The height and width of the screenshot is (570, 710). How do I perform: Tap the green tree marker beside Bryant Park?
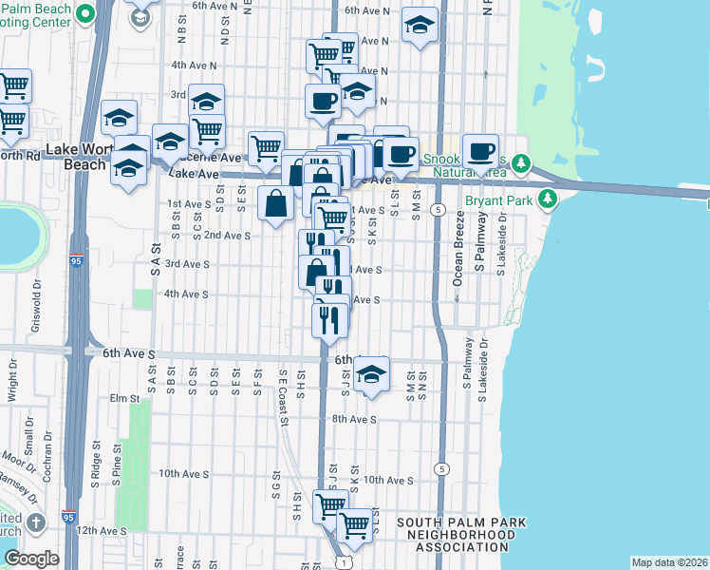click(547, 199)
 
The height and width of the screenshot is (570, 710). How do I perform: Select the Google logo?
click(31, 560)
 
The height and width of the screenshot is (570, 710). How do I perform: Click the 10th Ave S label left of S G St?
click(183, 473)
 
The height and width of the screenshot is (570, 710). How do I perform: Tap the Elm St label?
click(124, 398)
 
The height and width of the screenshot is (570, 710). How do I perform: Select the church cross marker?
click(36, 523)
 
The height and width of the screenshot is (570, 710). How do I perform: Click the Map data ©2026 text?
click(668, 562)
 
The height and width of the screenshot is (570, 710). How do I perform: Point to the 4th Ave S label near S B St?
click(186, 294)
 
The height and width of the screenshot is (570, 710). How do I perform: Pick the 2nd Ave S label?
click(227, 235)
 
